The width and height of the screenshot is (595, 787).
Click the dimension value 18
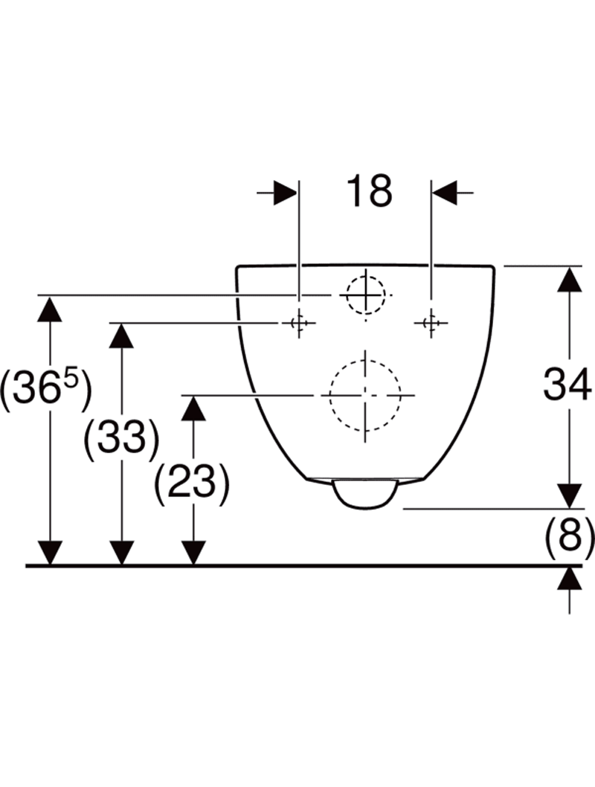pos(368,192)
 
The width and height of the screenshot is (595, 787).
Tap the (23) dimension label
pos(190,483)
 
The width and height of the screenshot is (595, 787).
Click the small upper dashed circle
pos(364,295)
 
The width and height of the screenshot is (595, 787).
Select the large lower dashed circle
pos(365,394)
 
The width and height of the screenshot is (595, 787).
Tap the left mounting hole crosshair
pos(298,323)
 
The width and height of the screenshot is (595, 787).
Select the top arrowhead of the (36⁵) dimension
pos(50,308)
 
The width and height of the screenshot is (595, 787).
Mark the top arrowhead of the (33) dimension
pos(121,335)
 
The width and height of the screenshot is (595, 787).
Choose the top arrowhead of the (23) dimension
pos(193,408)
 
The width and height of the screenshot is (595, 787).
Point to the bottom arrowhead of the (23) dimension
pos(193,553)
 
